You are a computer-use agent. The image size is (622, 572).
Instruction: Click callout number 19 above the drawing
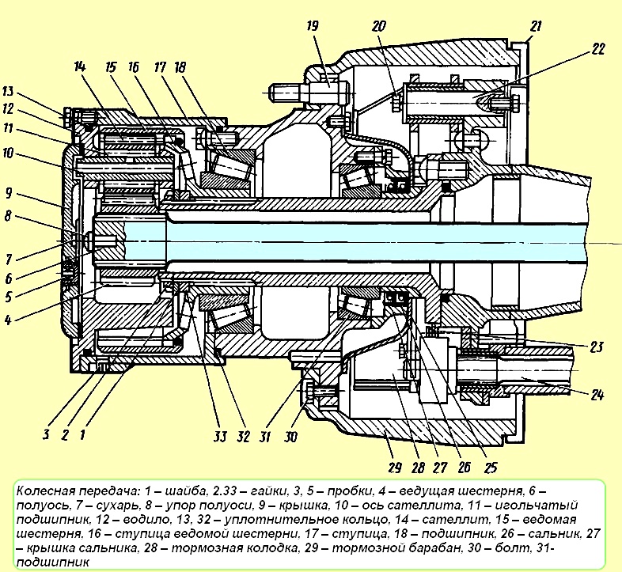[313, 27]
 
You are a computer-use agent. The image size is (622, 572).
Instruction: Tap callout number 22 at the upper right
[597, 49]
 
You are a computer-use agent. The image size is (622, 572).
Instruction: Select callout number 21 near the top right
[536, 27]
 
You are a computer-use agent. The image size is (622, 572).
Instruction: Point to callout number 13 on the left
[8, 91]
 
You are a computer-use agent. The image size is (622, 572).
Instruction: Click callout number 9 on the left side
[9, 193]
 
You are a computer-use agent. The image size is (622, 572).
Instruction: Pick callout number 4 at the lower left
[8, 320]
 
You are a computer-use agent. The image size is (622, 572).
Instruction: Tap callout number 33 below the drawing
[219, 437]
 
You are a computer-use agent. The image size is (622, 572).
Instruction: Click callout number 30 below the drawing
[290, 437]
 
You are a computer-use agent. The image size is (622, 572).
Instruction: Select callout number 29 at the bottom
[395, 468]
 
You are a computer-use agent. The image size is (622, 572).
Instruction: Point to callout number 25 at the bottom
[491, 468]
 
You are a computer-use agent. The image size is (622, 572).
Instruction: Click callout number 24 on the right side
[597, 395]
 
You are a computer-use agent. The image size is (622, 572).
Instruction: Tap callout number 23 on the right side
[596, 347]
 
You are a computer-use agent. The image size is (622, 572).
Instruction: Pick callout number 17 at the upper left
[160, 67]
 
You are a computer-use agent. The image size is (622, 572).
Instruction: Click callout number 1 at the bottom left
[82, 435]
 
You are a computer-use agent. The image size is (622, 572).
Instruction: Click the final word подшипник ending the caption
[53, 563]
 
